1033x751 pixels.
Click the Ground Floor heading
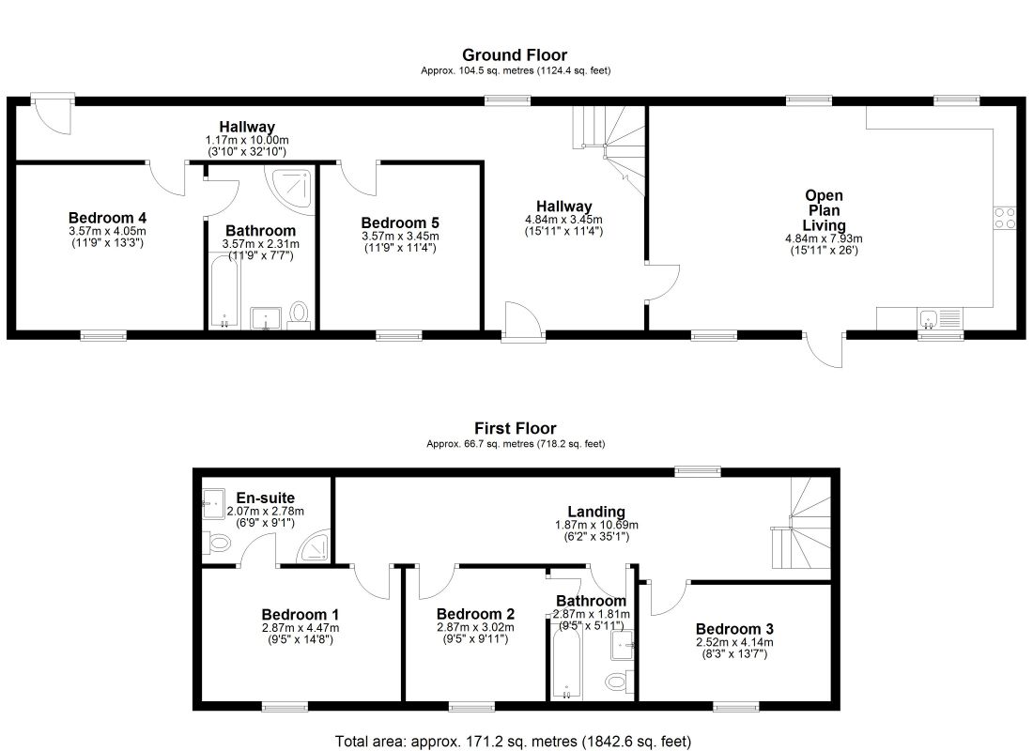click(515, 55)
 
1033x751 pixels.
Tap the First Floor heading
click(515, 429)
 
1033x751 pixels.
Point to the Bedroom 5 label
click(400, 222)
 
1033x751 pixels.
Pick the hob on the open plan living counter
click(1004, 218)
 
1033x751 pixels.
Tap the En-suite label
click(265, 498)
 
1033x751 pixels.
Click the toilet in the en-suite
click(218, 543)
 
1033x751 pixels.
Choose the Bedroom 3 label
click(733, 628)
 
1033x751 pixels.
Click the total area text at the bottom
click(516, 741)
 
